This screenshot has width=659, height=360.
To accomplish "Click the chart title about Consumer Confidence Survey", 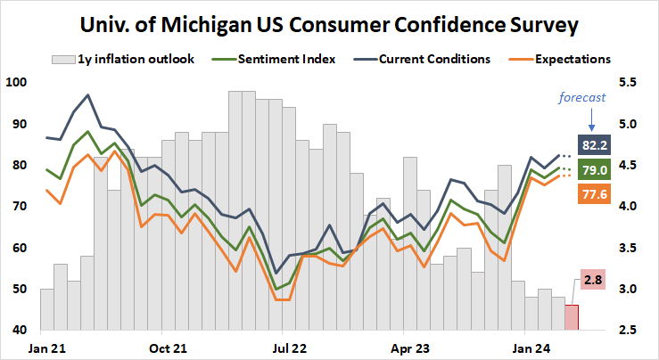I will pos(329,21).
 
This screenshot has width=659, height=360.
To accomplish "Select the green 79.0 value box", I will pos(595,169).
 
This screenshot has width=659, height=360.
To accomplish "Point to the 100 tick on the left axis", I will pos(17,83).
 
